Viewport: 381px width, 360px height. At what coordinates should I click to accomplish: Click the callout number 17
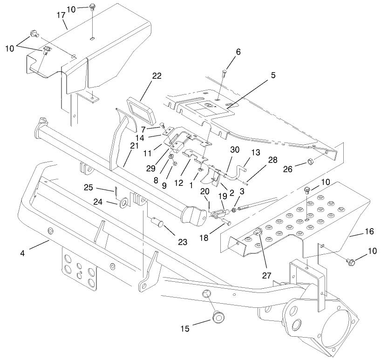(x=61, y=15)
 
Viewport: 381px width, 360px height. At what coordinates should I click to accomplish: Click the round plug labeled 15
(x=217, y=318)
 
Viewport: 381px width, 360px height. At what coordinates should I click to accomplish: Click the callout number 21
(x=135, y=146)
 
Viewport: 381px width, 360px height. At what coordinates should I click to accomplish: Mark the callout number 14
(x=152, y=137)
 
